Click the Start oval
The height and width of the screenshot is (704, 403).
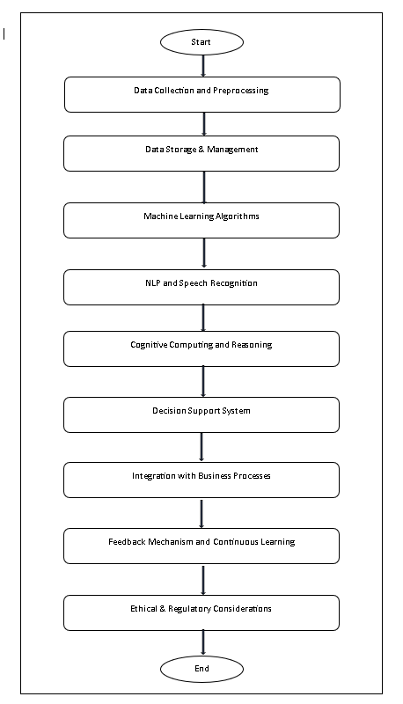pos(202,42)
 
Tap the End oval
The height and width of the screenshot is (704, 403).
pos(202,669)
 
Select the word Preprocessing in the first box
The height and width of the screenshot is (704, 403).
pos(240,91)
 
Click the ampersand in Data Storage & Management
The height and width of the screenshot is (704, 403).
pos(201,149)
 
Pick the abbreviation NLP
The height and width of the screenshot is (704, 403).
pos(152,282)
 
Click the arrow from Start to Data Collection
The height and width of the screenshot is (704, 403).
pos(203,66)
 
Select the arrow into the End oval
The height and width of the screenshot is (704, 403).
pos(203,643)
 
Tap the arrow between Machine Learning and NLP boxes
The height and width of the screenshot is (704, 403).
pos(204,253)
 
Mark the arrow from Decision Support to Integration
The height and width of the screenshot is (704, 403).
pos(201,447)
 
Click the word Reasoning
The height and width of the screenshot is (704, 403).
pos(252,345)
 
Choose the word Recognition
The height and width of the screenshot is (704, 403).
pos(234,282)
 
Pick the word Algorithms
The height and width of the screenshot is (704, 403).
pos(237,216)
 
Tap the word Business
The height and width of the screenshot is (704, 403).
pos(216,476)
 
